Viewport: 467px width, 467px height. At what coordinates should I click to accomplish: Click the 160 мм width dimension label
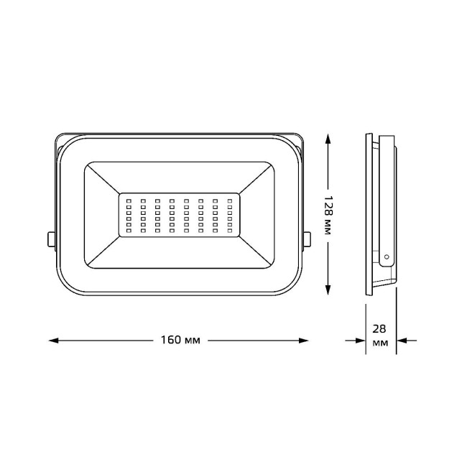coord(179,340)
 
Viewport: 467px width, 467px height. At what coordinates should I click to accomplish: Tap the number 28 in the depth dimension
coord(382,328)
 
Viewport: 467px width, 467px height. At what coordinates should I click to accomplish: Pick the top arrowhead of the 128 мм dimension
coord(328,139)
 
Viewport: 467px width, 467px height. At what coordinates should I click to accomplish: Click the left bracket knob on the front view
coord(50,239)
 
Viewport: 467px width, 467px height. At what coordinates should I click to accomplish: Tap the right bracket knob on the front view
coord(308,239)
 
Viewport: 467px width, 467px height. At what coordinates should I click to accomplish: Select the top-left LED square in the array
coord(128,201)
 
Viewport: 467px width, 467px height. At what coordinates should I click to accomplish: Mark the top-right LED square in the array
coord(231,201)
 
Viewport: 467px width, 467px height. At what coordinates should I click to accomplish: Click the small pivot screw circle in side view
coord(386,255)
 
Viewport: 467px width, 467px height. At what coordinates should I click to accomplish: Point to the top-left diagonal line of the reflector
coord(101,178)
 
